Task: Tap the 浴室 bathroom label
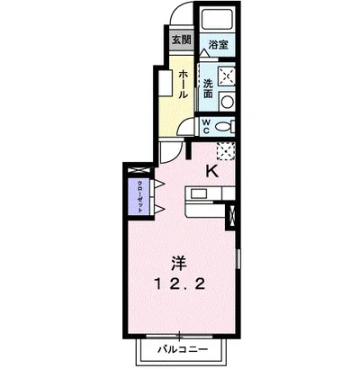216,43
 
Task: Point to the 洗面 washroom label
208,87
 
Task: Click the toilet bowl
225,125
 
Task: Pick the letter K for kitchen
214,170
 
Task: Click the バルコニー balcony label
186,348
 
